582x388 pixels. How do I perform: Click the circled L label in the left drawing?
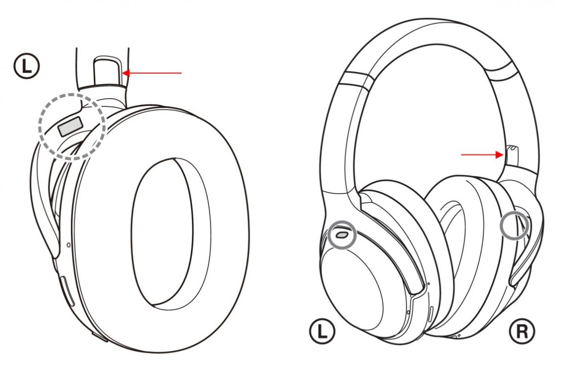click(26, 66)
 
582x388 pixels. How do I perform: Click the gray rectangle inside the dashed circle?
click(70, 126)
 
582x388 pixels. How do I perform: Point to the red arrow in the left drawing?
click(152, 73)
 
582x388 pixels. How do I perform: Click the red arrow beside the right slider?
click(482, 154)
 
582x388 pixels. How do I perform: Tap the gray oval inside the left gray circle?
click(342, 234)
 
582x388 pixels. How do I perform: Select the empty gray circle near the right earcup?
click(515, 225)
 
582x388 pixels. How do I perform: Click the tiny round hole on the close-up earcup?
click(68, 245)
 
